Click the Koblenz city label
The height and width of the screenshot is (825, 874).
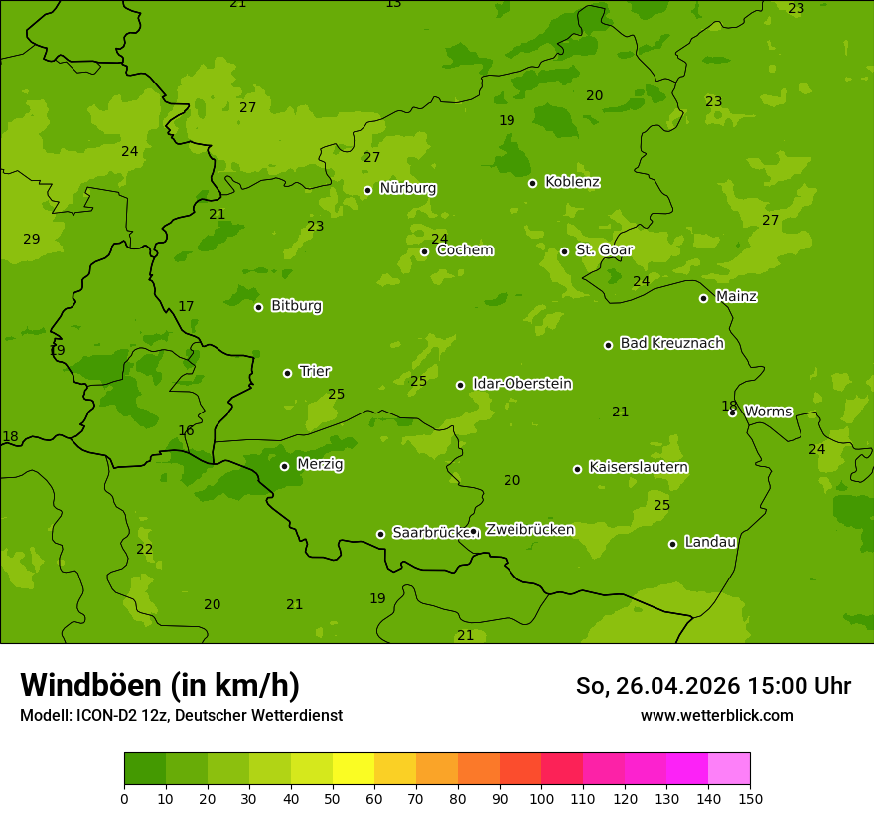(572, 182)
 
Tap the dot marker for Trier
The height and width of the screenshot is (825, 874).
(287, 373)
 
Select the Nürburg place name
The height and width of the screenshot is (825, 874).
(407, 188)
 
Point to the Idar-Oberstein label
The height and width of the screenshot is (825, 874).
(521, 384)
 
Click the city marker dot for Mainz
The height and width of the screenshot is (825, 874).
(703, 298)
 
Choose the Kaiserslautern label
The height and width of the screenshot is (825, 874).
(639, 467)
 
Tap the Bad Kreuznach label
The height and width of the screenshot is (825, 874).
(671, 343)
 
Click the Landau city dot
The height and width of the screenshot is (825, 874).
(672, 544)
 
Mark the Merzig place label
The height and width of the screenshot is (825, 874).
(320, 464)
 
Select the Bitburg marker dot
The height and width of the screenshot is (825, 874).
(258, 307)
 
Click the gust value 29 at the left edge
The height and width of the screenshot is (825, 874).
(32, 239)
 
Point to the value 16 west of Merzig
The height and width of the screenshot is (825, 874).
(186, 430)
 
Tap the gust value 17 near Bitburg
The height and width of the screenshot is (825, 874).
(186, 306)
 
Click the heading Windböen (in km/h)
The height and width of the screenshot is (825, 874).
(160, 685)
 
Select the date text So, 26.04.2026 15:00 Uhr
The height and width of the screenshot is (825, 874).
(713, 686)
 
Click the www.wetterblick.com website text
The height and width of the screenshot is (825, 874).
(716, 715)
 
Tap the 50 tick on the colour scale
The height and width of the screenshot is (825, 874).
(333, 797)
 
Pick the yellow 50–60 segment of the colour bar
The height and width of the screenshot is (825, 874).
(354, 768)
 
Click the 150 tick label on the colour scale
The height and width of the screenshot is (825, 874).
(750, 797)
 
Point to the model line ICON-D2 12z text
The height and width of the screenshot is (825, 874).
(181, 715)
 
